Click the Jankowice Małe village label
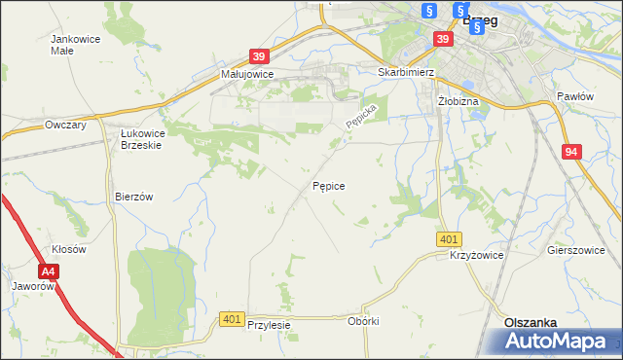75,45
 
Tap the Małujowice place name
247,73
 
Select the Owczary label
66,126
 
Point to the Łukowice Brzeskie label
140,138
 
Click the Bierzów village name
134,196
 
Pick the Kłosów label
69,249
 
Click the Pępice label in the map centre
328,184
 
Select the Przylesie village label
270,325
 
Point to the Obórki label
362,321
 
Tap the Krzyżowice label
476,255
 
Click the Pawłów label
574,96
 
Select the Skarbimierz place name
405,72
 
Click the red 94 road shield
571,151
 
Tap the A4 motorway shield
49,273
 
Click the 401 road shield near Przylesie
231,318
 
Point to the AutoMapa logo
556,342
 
